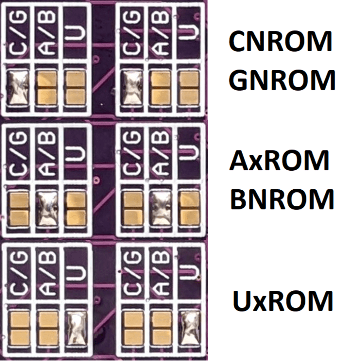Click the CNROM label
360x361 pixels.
[x=281, y=41]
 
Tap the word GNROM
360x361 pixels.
[x=282, y=80]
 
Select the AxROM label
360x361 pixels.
[x=279, y=160]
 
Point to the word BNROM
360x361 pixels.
[x=282, y=199]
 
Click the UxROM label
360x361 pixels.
[x=283, y=301]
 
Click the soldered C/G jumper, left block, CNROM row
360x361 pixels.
[x=18, y=87]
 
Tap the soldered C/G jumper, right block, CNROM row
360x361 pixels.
[x=132, y=87]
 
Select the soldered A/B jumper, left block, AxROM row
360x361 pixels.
[x=47, y=208]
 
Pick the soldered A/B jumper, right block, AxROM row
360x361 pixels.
[x=161, y=208]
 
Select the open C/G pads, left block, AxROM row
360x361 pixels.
[x=19, y=209]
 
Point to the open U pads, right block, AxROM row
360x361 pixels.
[x=190, y=209]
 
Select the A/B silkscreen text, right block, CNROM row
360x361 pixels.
[x=160, y=34]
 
